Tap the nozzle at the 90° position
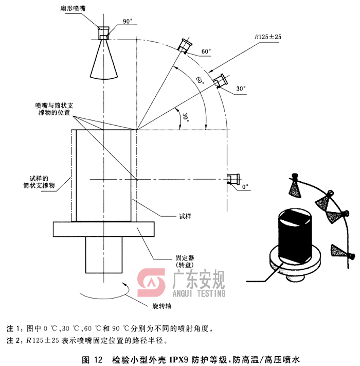[104, 33]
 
